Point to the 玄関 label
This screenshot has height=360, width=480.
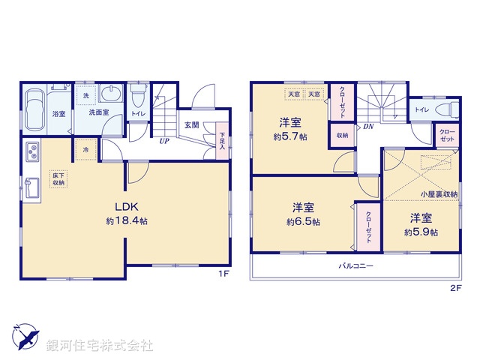190,125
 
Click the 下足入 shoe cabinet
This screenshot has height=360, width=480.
222,140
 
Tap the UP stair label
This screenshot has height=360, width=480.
163,139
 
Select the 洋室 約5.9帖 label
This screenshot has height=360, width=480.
420,224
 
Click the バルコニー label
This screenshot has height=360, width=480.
355,265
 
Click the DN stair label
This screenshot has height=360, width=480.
368,127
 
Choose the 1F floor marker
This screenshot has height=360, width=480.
223,274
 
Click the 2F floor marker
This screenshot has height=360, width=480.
454,287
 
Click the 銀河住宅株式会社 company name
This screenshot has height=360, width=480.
99,346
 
